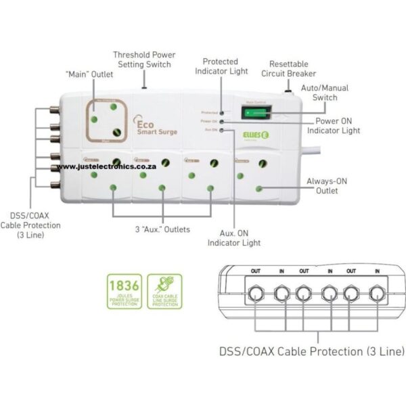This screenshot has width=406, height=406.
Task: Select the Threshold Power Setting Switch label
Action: pyautogui.click(x=144, y=59)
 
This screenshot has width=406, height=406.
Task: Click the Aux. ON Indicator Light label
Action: pyautogui.click(x=233, y=237)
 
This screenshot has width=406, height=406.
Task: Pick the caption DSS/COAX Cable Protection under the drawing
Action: pyautogui.click(x=311, y=351)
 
